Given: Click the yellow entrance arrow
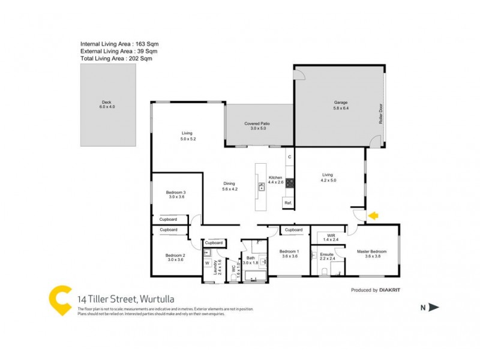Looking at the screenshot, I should pyautogui.click(x=373, y=215).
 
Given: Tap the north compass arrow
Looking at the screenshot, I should pyautogui.click(x=434, y=308).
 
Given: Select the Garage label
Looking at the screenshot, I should pyautogui.click(x=341, y=106).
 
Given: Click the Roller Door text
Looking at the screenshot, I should pyautogui.click(x=380, y=112).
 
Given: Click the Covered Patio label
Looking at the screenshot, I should pyautogui.click(x=257, y=125).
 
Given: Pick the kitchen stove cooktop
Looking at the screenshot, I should pyautogui.click(x=289, y=183).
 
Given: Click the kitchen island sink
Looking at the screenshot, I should pyautogui.click(x=262, y=187).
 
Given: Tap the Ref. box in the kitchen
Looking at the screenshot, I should pyautogui.click(x=288, y=203).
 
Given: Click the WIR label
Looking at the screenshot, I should pyautogui.click(x=331, y=237).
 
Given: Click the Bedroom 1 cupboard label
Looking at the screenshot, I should pyautogui.click(x=293, y=230).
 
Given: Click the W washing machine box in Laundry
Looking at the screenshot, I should pyautogui.click(x=207, y=262).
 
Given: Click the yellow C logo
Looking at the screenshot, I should pyautogui.click(x=60, y=300).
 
